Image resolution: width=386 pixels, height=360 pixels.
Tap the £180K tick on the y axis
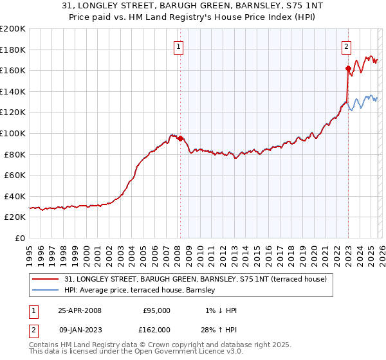point(14,50)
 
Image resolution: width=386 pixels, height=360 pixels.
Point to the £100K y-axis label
point(14,133)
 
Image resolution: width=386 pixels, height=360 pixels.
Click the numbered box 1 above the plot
point(178,46)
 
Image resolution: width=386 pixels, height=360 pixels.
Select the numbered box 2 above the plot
point(346,46)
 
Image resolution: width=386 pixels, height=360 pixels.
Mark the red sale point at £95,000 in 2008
point(180,138)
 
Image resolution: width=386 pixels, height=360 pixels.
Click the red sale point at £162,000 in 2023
point(348,68)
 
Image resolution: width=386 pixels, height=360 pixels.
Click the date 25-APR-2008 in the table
point(79,310)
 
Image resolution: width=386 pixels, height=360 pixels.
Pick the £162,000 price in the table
point(156,329)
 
